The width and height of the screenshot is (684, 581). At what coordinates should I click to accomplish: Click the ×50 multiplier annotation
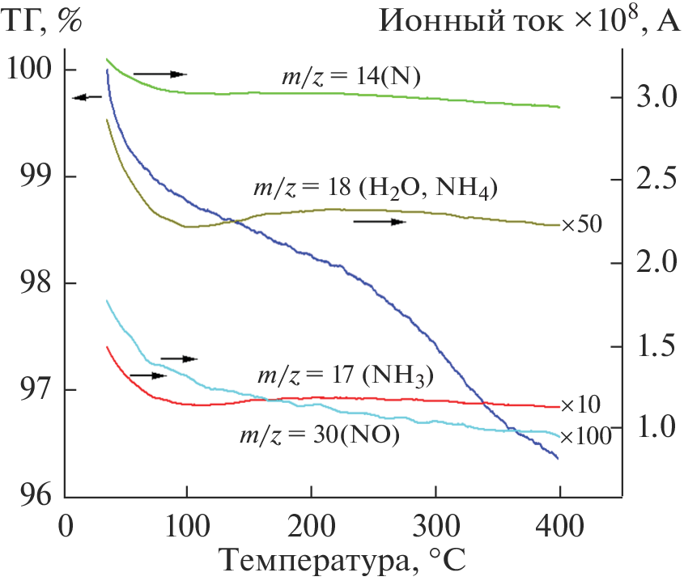tap(581, 224)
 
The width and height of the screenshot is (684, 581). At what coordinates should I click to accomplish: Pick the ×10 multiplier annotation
tap(581, 405)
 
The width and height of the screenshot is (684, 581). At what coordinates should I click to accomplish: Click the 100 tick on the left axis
tap(29, 70)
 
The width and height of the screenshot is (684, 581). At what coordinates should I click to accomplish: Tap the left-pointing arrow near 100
tap(87, 98)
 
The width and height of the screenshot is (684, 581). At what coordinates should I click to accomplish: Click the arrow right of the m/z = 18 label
tap(379, 221)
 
